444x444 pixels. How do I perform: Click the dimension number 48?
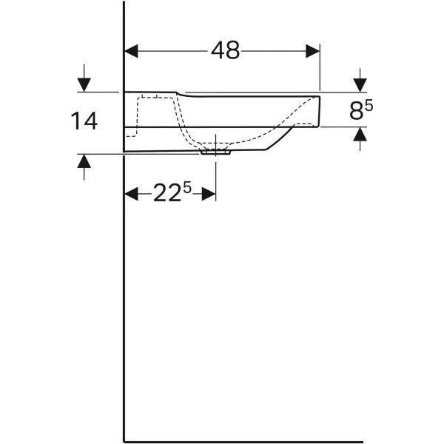coord(225,50)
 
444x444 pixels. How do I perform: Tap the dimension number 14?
coord(84,121)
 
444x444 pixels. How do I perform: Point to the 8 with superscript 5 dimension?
coord(361,110)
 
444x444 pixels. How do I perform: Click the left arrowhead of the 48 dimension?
coord(131,51)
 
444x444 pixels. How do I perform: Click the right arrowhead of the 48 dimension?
coord(312,51)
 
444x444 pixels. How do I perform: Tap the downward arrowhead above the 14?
coord(84,84)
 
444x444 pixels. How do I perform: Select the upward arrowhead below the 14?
coord(84,161)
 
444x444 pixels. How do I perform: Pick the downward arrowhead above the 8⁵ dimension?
coord(360,85)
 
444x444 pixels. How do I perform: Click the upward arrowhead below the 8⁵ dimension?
coord(360,134)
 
